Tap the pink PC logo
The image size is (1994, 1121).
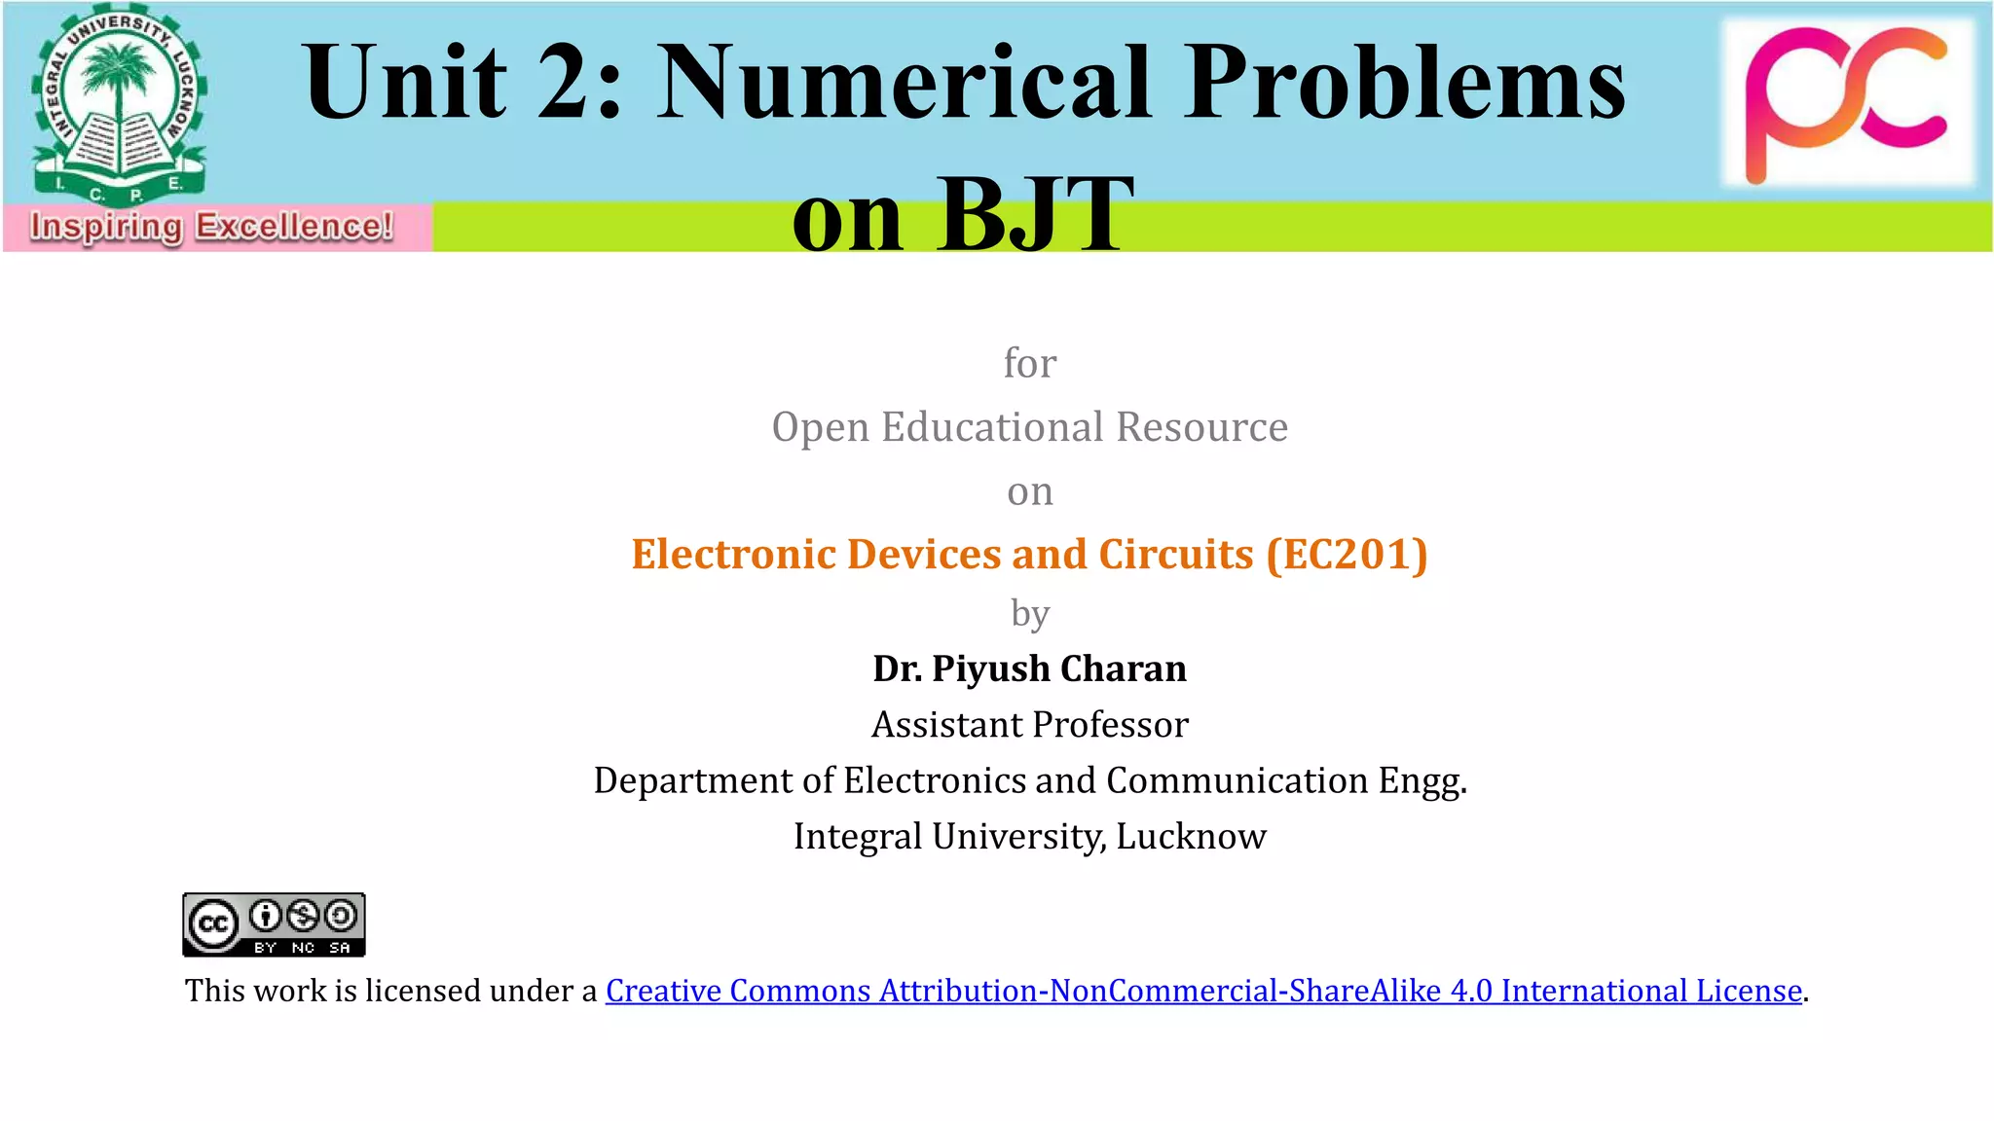(1846, 103)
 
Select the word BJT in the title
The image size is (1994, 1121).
(1034, 214)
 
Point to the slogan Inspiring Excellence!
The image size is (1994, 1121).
(211, 227)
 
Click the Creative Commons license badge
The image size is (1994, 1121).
(274, 924)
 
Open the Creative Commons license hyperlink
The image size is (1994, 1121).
(1203, 991)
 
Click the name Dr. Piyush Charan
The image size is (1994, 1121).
(1029, 669)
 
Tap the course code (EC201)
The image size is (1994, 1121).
(1347, 554)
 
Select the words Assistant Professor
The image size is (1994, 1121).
(1029, 725)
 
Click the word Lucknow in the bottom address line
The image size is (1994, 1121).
(1191, 837)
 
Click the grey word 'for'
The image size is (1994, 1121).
(1029, 363)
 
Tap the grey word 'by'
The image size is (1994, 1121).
(1029, 614)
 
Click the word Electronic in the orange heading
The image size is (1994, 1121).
(733, 554)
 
